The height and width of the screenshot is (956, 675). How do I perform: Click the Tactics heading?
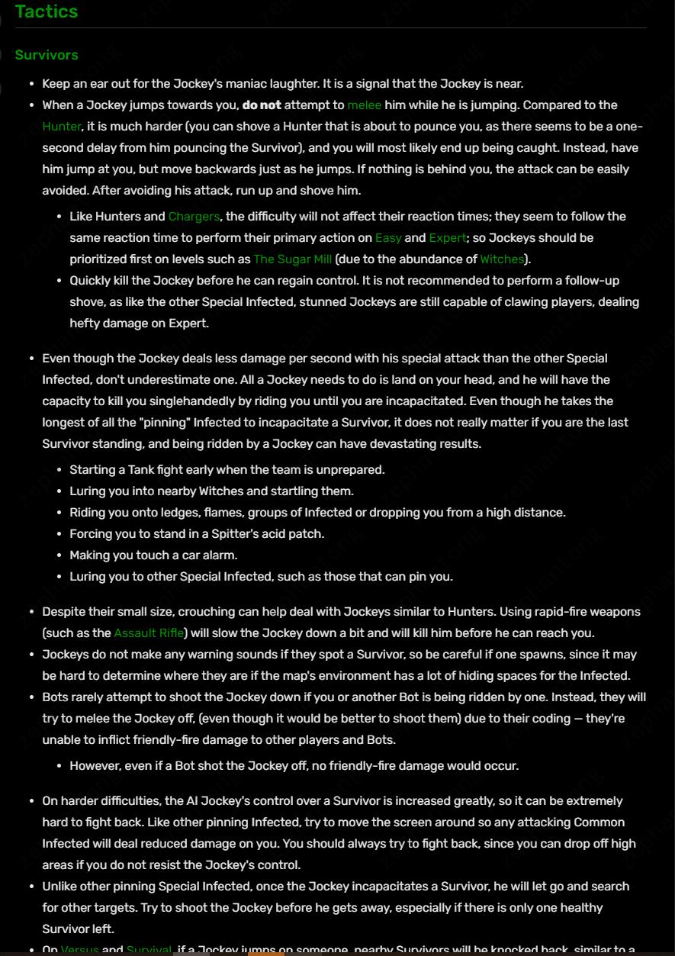[x=46, y=11]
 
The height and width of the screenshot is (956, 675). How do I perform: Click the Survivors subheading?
[x=47, y=55]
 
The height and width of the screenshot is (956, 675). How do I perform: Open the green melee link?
[x=364, y=105]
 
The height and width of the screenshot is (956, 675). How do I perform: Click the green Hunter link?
[x=62, y=127]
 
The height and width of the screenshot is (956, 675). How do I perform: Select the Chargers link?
[x=194, y=217]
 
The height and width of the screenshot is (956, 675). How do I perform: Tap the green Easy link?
[x=388, y=238]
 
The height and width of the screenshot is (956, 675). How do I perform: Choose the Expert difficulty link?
[x=448, y=238]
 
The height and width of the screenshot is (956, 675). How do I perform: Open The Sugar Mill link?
[x=292, y=259]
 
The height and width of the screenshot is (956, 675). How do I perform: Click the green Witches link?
[x=502, y=259]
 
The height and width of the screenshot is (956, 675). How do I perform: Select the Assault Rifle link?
[x=149, y=633]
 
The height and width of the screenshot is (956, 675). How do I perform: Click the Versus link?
[x=79, y=950]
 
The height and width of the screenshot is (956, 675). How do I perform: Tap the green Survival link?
[x=149, y=950]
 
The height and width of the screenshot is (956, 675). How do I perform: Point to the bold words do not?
[x=262, y=105]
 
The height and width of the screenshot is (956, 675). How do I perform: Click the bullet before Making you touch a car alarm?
[x=59, y=555]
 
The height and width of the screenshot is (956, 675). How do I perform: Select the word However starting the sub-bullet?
[x=95, y=766]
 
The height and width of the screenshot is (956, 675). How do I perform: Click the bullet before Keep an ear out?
[x=31, y=84]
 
